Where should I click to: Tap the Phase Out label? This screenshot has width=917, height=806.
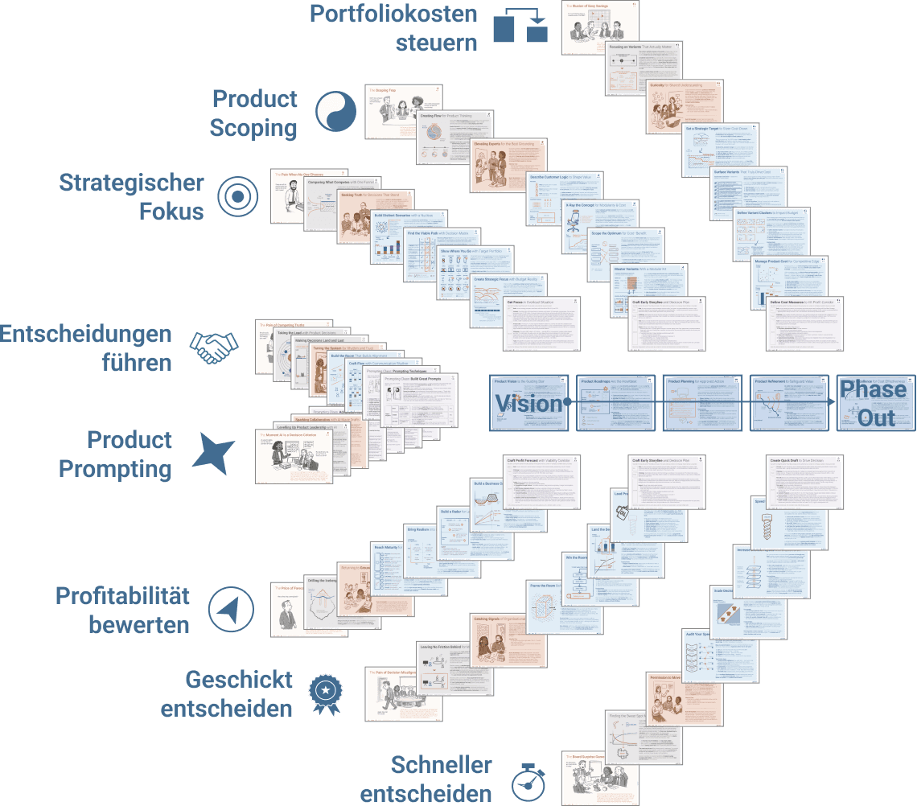pos(873,404)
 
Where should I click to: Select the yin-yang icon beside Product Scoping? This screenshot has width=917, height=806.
pos(336,112)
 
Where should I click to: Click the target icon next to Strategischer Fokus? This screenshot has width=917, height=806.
pos(237,196)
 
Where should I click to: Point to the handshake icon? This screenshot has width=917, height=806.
pos(214,347)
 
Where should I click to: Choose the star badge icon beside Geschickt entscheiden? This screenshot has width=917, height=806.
pos(326,693)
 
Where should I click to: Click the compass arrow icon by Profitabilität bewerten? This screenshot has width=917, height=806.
pos(230,610)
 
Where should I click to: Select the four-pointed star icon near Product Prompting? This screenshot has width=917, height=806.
pos(213,453)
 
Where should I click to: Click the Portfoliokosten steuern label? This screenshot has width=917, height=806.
pos(393,27)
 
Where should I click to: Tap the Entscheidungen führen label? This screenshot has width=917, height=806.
pos(86,347)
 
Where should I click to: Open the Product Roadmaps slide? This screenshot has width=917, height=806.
pos(616,402)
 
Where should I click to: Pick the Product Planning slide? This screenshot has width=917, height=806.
pos(702,402)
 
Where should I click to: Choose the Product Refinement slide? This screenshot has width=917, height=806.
pos(788,402)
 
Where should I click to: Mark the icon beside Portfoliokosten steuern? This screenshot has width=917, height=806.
pos(519,27)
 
